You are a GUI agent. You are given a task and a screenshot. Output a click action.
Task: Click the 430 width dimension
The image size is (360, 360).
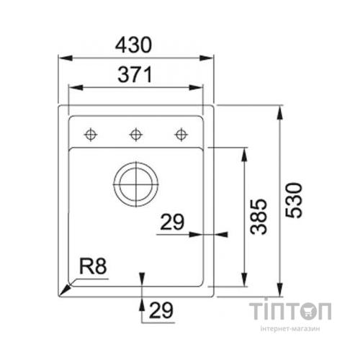coord(137,45)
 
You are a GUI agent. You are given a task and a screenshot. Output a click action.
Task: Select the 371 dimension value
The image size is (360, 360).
coord(137,74)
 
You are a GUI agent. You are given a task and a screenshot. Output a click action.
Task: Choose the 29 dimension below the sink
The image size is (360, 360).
coord(163,311)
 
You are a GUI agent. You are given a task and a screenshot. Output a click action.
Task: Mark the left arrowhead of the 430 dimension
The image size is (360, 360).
coord(60,58)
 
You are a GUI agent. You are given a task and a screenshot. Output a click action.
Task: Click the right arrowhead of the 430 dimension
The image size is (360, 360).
coord(213,58)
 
